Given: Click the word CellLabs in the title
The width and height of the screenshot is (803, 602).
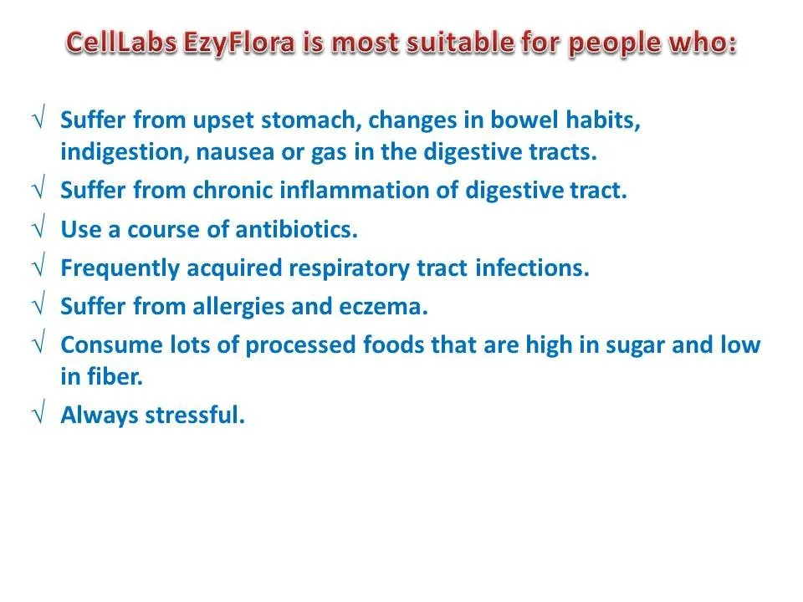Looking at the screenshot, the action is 122,42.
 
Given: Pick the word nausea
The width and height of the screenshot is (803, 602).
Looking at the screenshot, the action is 235,152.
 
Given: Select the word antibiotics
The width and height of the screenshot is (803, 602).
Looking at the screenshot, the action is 296,229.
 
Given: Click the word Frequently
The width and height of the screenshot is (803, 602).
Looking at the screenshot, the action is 120,268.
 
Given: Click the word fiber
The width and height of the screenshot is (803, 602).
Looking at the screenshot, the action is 115,377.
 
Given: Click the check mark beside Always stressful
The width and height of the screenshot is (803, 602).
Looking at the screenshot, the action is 39,411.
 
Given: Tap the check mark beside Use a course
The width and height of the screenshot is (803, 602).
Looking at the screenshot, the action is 39,227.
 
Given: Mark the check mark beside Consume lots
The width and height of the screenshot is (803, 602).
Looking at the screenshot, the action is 39,341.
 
